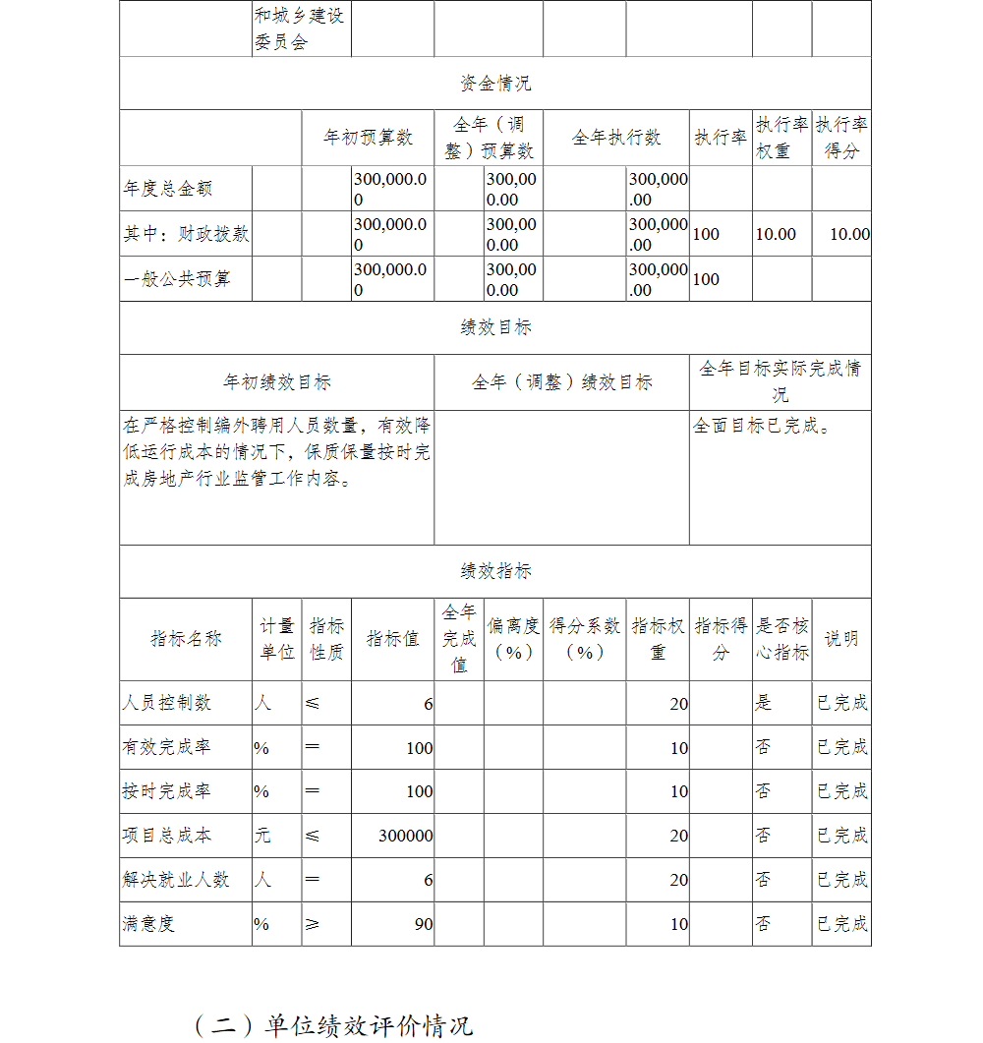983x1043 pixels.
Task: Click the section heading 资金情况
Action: coord(494,84)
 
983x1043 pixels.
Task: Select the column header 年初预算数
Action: coord(368,138)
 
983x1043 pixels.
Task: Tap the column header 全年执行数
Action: coord(616,138)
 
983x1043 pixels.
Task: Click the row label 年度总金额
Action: coord(168,189)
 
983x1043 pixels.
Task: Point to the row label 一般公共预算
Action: coord(177,279)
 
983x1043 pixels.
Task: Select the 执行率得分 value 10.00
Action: coord(849,234)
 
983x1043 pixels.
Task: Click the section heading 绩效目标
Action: coord(495,328)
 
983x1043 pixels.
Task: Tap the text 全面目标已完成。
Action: coord(763,427)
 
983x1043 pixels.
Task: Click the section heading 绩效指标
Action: coord(495,571)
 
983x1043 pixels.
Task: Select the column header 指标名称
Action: coord(186,639)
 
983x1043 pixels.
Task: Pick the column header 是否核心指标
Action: coord(782,639)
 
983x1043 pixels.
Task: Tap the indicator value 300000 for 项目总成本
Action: coord(405,836)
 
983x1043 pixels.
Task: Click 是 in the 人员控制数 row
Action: coord(764,703)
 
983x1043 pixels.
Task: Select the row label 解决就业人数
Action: coord(176,880)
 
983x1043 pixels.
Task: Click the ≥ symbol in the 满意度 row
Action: coord(312,924)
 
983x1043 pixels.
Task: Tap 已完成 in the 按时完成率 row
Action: coord(842,791)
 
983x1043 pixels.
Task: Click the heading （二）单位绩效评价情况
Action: coord(334,1025)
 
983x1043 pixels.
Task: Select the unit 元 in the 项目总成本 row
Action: coord(262,836)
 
